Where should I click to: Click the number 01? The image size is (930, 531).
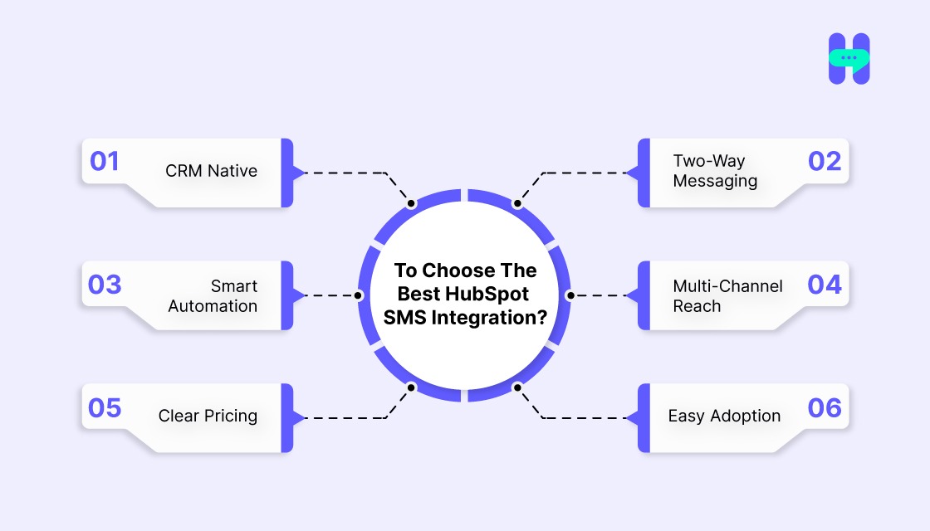tap(105, 160)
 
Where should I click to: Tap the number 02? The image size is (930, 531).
tap(824, 160)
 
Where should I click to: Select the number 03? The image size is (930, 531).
tap(105, 284)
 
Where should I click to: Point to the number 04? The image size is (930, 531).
tap(824, 284)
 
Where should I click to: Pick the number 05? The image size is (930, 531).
tap(105, 407)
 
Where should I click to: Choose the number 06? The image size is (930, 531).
tap(824, 407)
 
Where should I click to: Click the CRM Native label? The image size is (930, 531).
tap(211, 171)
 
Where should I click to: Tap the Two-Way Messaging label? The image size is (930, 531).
tap(715, 171)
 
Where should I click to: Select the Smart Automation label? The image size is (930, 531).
tap(213, 295)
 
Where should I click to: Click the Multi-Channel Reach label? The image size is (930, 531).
tap(727, 295)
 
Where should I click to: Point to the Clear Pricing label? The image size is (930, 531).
tap(208, 416)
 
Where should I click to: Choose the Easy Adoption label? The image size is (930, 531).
tap(724, 416)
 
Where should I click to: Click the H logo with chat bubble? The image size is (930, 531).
tap(849, 59)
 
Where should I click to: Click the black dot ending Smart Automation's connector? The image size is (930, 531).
tap(359, 295)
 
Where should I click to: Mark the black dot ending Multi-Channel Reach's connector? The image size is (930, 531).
tap(570, 295)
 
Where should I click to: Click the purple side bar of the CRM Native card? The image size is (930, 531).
tap(287, 173)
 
